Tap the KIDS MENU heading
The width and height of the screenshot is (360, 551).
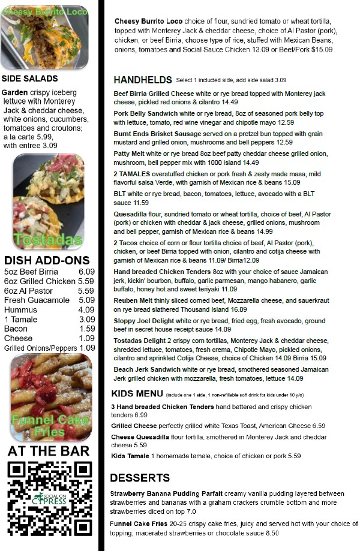[137, 394]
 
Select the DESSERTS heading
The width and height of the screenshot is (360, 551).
[139, 478]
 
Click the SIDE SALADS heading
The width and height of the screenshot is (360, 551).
[29, 79]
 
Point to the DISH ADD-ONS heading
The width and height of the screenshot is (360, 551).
[47, 261]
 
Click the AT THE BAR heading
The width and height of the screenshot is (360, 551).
[49, 451]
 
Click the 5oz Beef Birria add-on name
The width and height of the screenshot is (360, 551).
[31, 272]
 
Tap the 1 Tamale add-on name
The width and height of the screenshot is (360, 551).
[22, 319]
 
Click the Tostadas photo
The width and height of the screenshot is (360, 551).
[49, 202]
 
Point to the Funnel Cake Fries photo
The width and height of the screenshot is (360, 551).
[50, 397]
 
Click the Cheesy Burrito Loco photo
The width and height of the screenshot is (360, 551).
[45, 37]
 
